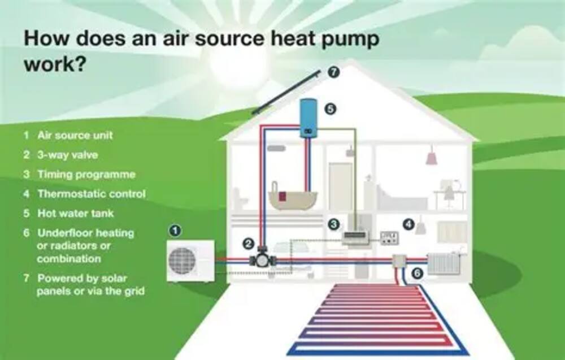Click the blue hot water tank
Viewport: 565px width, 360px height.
(308, 118)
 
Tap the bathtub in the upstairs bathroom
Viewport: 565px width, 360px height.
(293, 198)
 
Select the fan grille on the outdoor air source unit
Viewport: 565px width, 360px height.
(182, 260)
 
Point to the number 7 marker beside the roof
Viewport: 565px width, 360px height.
(334, 72)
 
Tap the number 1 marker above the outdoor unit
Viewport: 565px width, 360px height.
(176, 230)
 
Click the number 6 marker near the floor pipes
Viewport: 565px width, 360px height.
(417, 274)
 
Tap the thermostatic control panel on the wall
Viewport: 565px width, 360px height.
(389, 238)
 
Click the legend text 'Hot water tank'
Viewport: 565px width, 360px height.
(75, 214)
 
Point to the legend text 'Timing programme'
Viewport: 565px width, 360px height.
(86, 174)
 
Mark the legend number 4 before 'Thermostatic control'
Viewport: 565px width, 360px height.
(27, 194)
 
